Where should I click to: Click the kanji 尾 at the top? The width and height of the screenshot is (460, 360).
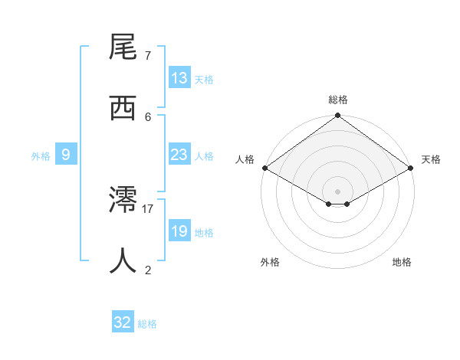123,47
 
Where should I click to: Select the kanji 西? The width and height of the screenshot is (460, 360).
123,108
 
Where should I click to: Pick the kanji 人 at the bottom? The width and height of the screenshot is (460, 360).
123,261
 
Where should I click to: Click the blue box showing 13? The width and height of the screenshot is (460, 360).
179,78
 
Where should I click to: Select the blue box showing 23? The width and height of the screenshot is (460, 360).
179,155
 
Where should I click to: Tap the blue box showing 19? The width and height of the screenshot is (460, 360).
179,231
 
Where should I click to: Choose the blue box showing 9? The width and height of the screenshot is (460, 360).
66,155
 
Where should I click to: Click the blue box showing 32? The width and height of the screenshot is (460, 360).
123,323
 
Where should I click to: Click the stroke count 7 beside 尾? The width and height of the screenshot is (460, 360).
148,55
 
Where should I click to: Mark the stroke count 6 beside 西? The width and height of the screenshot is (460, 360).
148,116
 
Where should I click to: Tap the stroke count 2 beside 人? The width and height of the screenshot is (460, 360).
148,270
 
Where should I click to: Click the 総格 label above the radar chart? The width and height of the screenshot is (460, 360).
338,100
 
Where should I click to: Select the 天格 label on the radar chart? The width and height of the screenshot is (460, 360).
431,159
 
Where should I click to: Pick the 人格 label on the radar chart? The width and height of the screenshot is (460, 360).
245,159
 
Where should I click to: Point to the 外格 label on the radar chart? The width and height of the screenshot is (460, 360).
270,263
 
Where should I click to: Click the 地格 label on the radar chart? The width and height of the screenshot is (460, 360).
402,263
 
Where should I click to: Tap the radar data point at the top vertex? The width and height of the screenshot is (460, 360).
338,116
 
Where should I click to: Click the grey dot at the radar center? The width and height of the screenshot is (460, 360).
338,191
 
